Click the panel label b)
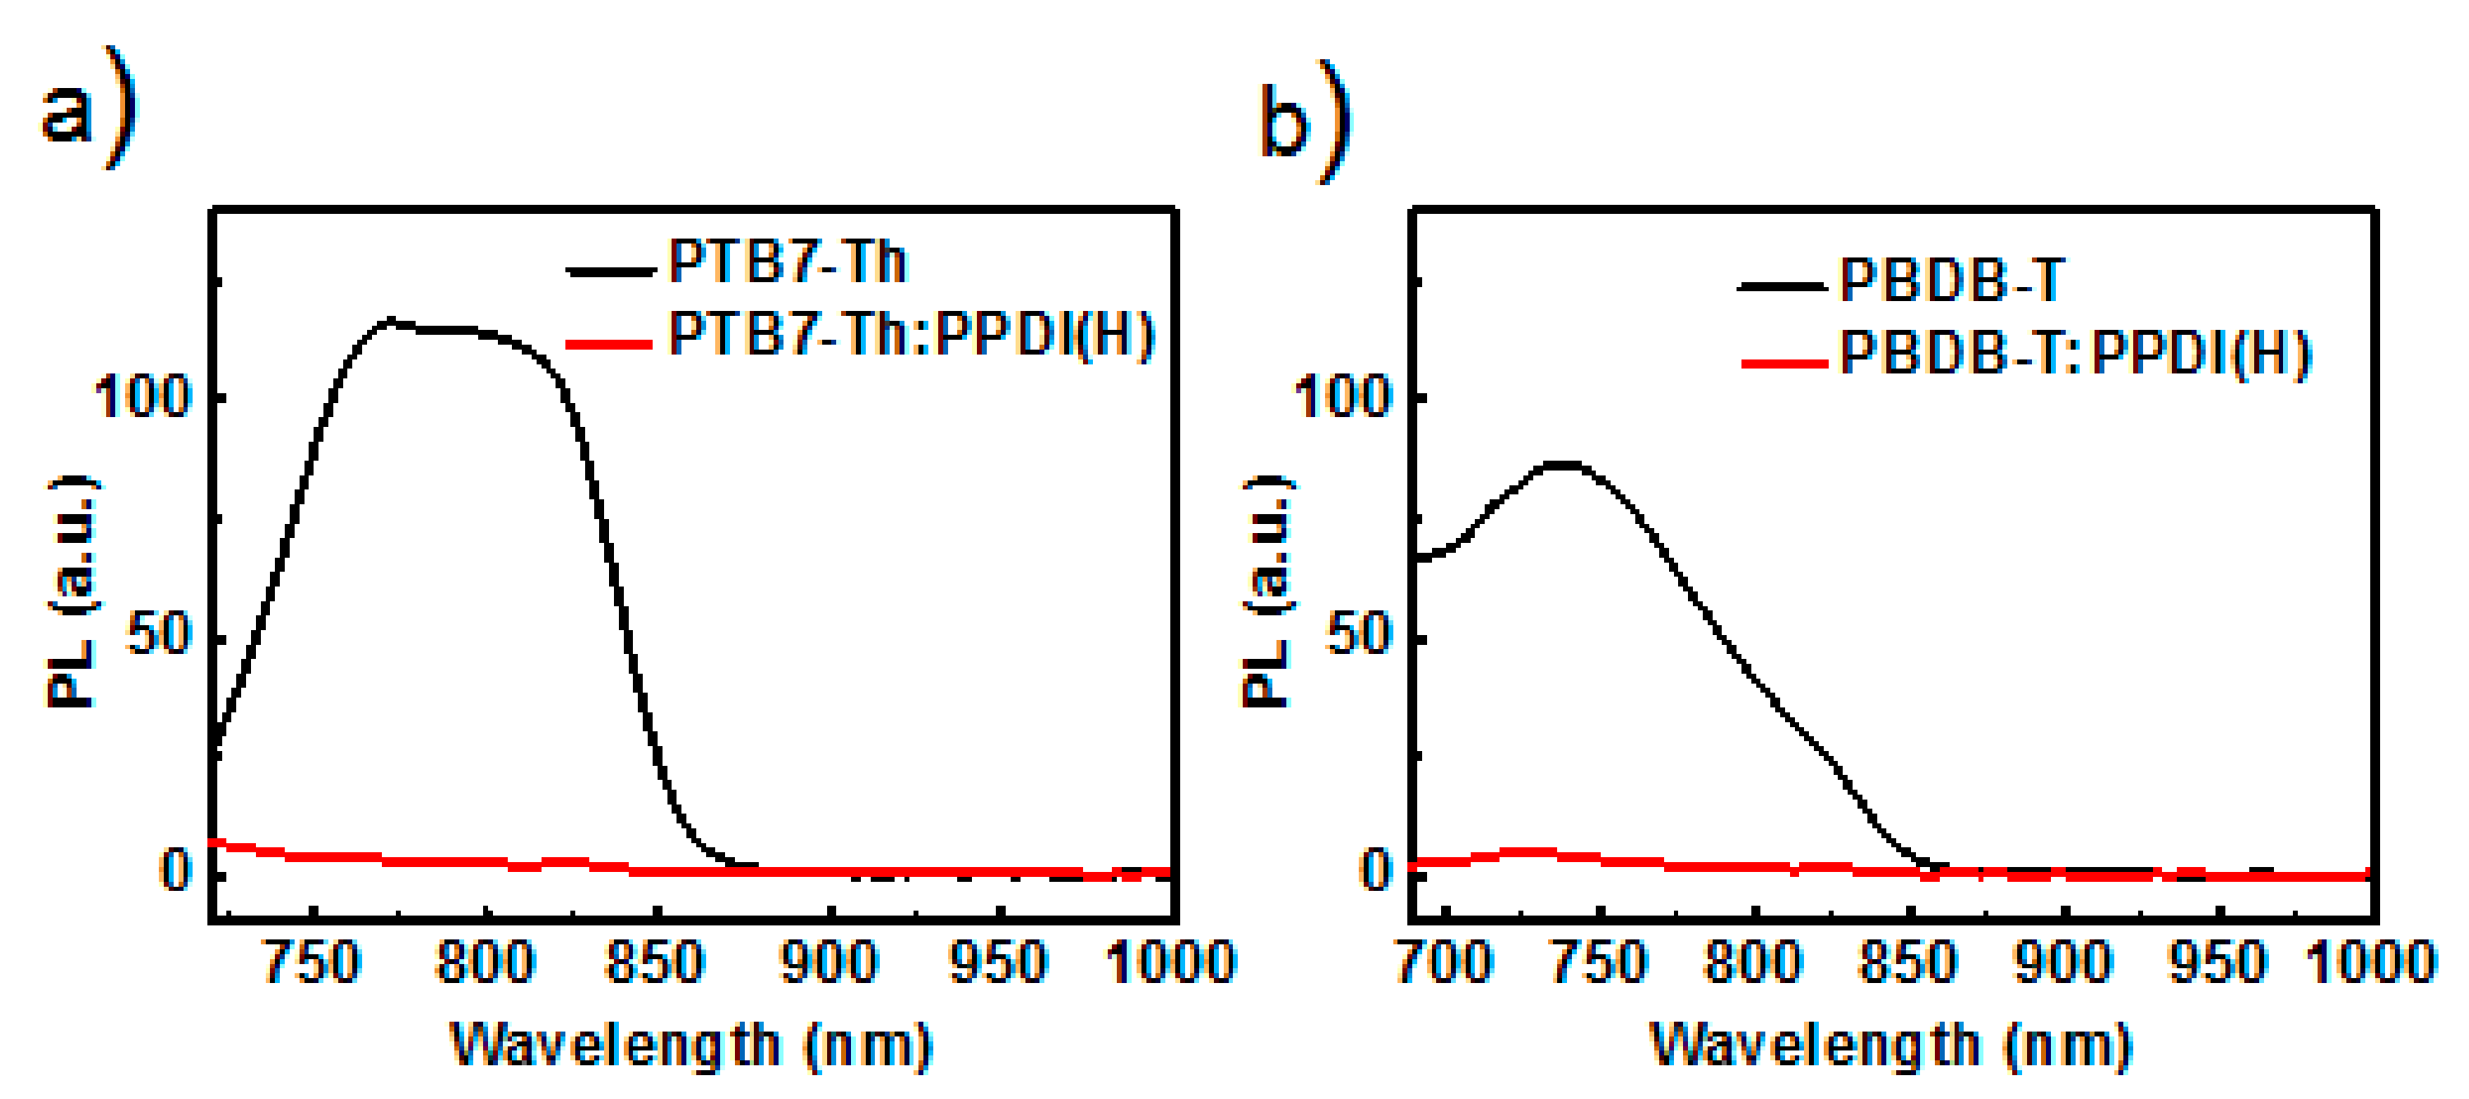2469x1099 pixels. point(1304,121)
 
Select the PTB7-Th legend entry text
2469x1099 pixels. point(787,261)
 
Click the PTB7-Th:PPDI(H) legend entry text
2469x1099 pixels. point(910,335)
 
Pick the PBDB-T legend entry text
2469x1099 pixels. point(1951,281)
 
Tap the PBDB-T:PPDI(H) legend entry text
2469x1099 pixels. point(2075,354)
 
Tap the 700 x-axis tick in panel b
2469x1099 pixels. point(1444,963)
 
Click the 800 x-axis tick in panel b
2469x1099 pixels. point(1753,963)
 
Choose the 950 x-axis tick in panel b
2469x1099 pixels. point(2217,963)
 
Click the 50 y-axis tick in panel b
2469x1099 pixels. point(1357,634)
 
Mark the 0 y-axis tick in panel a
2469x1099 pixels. point(176,871)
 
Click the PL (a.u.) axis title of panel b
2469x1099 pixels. point(1267,591)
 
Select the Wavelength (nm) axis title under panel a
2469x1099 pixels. point(692,1046)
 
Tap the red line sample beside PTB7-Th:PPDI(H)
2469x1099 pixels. point(611,342)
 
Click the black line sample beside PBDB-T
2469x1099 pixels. point(1782,285)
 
